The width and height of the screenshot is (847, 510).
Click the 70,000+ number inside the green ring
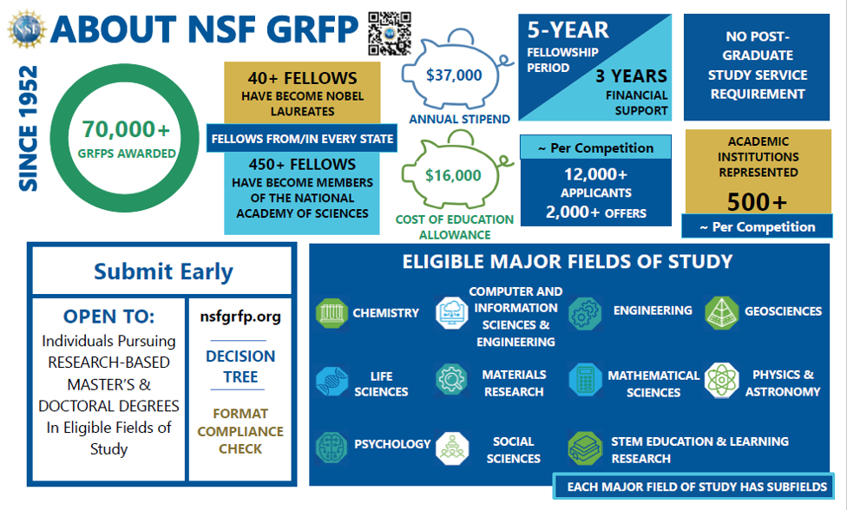[x=127, y=130]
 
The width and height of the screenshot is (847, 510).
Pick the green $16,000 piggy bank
[x=453, y=175]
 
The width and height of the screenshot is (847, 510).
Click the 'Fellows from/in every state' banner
[x=302, y=138]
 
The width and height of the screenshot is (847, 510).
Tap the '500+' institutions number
[x=758, y=201]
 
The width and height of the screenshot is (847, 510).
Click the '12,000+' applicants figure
[x=595, y=173]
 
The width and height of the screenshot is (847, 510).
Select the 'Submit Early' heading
[x=163, y=271]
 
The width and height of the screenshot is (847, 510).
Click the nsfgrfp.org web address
[x=240, y=317]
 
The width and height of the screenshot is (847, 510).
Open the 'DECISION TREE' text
[x=240, y=366]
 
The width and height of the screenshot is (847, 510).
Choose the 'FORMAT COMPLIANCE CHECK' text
[x=240, y=431]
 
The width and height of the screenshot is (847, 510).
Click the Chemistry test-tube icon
[x=332, y=312]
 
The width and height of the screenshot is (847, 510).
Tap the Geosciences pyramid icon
[x=721, y=311]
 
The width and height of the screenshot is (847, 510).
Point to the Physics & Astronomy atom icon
[x=721, y=380]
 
